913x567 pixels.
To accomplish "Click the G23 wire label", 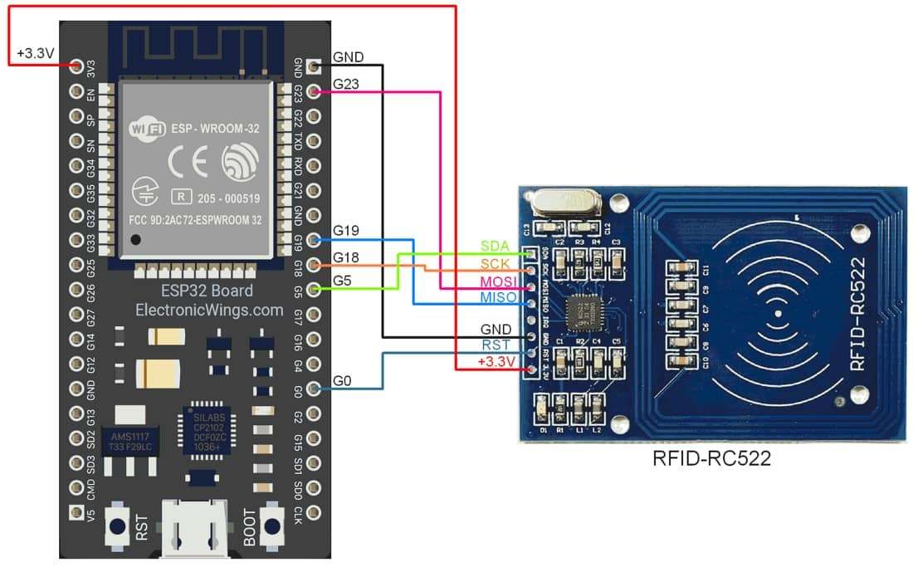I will tap(346, 84).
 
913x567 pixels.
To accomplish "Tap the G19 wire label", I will tap(346, 230).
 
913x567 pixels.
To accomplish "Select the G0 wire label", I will tap(343, 381).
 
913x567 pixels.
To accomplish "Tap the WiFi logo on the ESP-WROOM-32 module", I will tap(148, 130).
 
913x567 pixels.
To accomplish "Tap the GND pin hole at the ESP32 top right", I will tap(314, 66).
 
